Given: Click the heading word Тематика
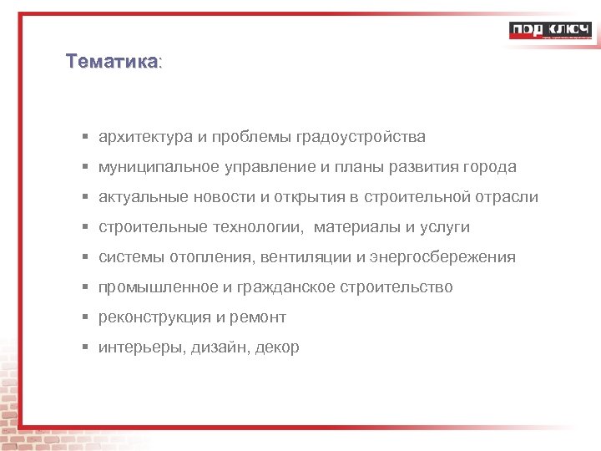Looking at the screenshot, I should [111, 62].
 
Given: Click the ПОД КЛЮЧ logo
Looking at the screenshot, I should [550, 31].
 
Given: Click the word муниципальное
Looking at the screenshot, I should [158, 167].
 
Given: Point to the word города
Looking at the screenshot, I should [491, 167].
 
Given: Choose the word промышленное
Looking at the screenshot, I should [158, 287].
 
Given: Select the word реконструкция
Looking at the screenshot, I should [154, 317].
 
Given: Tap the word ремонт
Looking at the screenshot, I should [258, 317].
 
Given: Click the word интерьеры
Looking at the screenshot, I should [135, 347].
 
